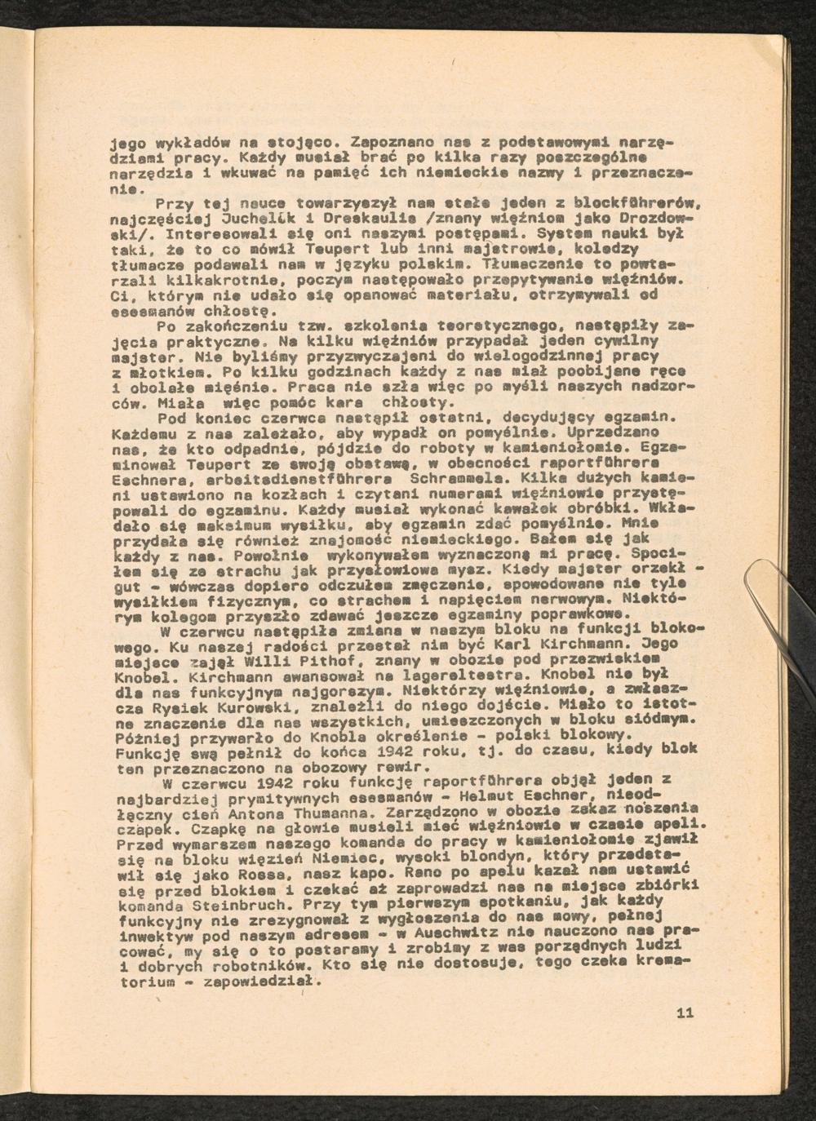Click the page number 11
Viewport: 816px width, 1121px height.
[685, 1013]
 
